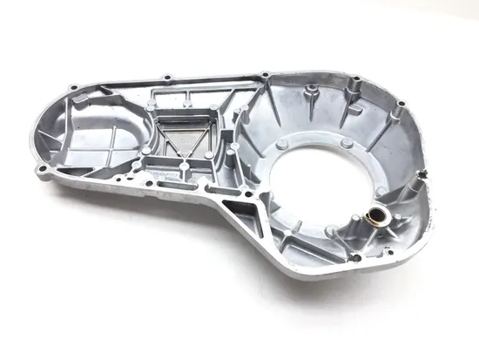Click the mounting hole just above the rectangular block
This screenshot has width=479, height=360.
75,87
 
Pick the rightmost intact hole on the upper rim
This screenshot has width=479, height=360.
400,106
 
